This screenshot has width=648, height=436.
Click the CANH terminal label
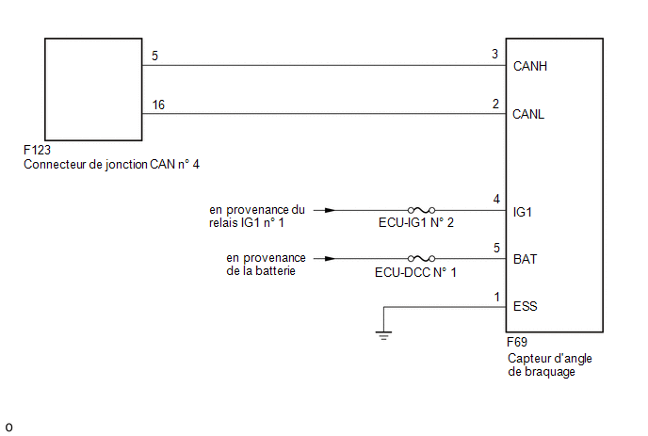tap(530, 66)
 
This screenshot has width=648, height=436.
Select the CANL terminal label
tap(528, 114)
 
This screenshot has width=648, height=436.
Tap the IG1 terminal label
tap(523, 212)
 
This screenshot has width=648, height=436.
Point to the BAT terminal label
tap(525, 259)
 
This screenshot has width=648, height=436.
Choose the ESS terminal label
tap(525, 306)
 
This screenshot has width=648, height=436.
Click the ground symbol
tap(383, 335)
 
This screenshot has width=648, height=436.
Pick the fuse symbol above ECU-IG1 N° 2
tap(421, 210)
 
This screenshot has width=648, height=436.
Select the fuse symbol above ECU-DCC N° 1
tap(421, 259)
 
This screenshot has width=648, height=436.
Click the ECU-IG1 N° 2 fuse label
tap(415, 223)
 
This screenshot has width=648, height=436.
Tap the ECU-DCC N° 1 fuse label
tap(415, 272)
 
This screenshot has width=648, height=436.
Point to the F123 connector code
tap(37, 150)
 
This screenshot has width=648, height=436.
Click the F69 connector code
tap(516, 342)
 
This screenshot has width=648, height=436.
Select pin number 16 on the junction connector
tap(158, 105)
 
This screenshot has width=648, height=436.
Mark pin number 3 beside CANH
tap(494, 54)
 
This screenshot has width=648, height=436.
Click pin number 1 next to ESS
tap(497, 297)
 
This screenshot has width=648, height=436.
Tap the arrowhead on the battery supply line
tap(330, 259)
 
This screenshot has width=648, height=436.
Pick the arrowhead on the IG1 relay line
tap(330, 210)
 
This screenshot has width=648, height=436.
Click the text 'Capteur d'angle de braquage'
tap(550, 365)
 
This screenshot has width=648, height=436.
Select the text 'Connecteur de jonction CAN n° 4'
tap(111, 165)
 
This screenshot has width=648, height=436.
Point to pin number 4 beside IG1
tap(496, 200)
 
